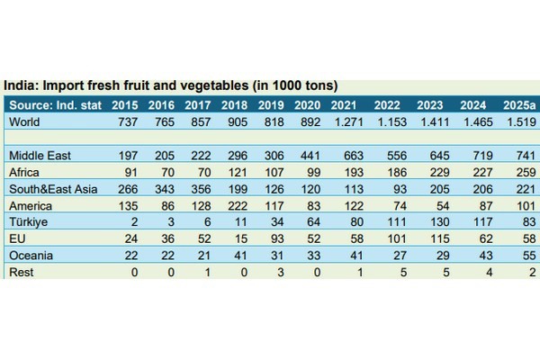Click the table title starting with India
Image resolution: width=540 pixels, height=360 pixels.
[x=171, y=86]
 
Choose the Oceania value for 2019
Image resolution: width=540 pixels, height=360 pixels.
[x=273, y=256]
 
